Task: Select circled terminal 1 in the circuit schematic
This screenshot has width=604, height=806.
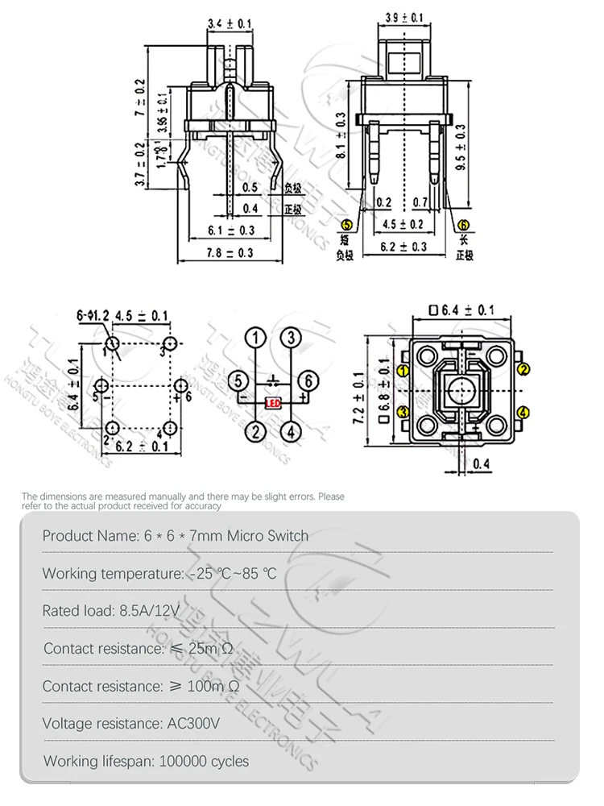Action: click(256, 337)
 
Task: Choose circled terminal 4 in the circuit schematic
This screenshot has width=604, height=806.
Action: click(290, 431)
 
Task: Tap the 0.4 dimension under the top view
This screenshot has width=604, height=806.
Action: click(482, 463)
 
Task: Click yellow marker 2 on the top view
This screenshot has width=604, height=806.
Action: click(523, 370)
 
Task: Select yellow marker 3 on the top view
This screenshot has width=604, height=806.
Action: click(403, 412)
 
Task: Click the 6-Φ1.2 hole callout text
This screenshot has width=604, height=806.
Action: click(93, 315)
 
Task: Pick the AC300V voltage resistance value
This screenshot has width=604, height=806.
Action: click(192, 723)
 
